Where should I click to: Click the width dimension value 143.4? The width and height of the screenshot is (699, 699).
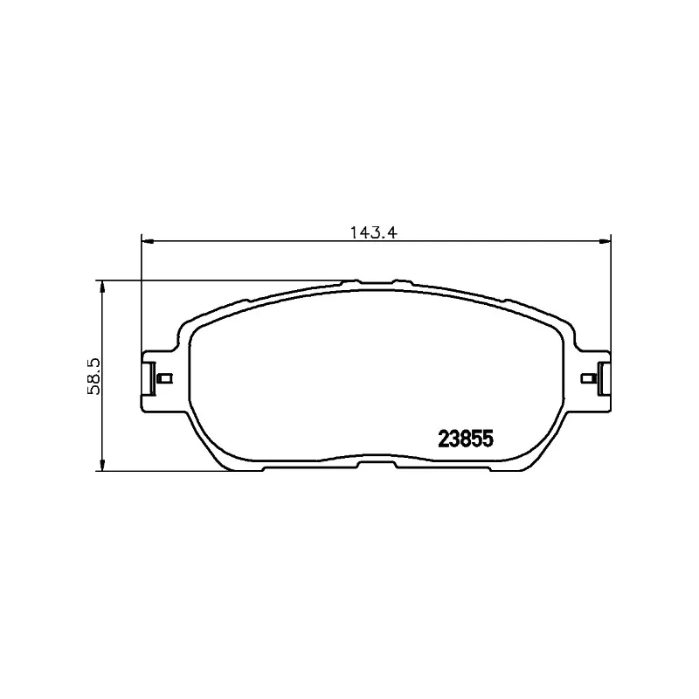tap(373, 232)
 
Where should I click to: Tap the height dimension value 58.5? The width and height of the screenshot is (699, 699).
tap(94, 376)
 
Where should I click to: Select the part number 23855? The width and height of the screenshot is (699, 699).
tap(466, 439)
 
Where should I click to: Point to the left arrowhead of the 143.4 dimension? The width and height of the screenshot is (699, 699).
tap(148, 242)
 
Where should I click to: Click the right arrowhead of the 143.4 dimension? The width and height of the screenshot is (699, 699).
tap(604, 242)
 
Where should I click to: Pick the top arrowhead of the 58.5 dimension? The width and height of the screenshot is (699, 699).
tap(102, 287)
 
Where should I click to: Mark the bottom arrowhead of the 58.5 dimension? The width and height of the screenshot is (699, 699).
tap(102, 465)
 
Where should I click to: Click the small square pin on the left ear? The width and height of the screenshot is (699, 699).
tap(165, 378)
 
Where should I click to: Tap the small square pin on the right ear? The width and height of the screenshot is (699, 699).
tap(588, 378)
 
